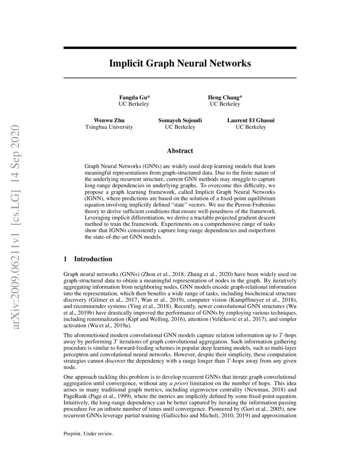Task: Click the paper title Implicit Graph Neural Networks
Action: click(x=180, y=64)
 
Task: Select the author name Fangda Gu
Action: click(x=133, y=97)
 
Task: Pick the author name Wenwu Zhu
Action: click(x=109, y=120)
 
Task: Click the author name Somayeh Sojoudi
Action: click(x=180, y=120)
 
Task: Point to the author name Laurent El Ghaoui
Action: click(x=251, y=120)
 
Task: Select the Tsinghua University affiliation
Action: click(x=109, y=127)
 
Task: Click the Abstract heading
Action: click(x=180, y=150)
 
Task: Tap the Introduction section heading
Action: click(x=93, y=259)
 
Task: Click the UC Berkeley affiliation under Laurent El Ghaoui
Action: click(x=251, y=127)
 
